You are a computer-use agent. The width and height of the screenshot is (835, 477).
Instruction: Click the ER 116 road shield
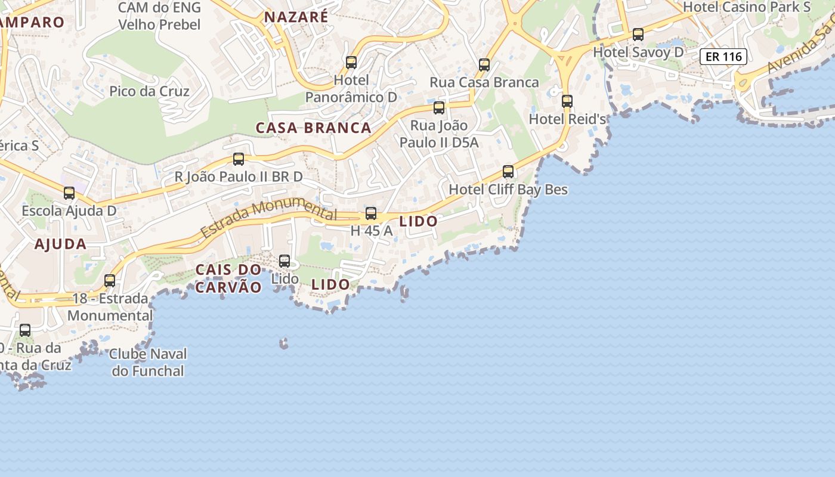point(723,57)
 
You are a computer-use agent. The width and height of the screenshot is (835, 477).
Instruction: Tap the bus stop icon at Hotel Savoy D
point(638,35)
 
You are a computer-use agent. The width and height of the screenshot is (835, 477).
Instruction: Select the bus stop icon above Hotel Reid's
point(567,101)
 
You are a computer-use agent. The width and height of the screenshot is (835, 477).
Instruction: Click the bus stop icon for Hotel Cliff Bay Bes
point(508,172)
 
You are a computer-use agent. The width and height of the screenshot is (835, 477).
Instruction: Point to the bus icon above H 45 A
point(371,213)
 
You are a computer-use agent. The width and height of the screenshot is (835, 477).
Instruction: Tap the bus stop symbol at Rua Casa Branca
point(484,65)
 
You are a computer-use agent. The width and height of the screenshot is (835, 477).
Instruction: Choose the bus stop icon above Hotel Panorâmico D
point(351,63)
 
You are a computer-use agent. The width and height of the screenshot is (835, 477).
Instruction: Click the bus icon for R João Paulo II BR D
point(239,159)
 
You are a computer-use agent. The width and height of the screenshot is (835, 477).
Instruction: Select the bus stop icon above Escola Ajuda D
point(69,193)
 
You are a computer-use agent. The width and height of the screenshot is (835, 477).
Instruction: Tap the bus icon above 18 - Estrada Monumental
point(110,281)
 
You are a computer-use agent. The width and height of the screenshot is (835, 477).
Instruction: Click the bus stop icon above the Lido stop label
point(284,261)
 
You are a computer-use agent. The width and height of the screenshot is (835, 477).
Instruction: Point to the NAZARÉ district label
point(296,17)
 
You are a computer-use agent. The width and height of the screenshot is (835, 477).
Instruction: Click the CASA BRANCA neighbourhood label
point(314,128)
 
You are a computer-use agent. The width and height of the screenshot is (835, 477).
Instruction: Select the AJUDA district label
point(60,244)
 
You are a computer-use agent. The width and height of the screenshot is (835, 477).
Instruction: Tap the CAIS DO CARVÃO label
point(228,278)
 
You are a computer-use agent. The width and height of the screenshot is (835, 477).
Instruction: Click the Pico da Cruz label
point(149,91)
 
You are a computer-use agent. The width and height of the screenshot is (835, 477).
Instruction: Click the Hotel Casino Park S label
point(747,7)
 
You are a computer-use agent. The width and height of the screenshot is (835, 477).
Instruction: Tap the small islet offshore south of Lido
point(284,343)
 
